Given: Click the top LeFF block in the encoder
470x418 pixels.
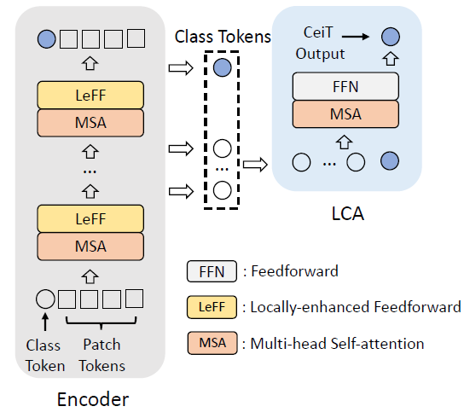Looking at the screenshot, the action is [x=90, y=95].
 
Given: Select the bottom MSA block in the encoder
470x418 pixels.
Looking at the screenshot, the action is [x=90, y=247].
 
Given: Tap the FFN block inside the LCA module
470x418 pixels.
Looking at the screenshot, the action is [x=345, y=86].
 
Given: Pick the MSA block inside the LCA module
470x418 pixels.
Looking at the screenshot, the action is [x=345, y=114].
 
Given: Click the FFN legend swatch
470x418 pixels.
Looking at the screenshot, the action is [x=212, y=271].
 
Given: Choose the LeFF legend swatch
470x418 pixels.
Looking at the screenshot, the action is [x=212, y=307].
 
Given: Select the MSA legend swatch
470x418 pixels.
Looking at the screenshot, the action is [x=212, y=343].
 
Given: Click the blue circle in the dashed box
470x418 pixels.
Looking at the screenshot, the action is [x=222, y=67].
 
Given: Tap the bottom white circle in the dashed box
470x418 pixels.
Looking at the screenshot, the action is [x=222, y=190].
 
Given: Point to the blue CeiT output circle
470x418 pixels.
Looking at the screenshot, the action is [x=391, y=37].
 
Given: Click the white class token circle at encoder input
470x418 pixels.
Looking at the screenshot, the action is [x=45, y=299].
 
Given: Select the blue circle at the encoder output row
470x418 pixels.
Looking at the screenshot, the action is [x=46, y=39].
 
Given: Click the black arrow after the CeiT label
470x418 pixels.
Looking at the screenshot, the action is [x=356, y=37].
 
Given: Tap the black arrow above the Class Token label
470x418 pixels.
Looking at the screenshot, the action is [x=45, y=322].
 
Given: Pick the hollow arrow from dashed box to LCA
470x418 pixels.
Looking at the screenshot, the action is [x=255, y=165].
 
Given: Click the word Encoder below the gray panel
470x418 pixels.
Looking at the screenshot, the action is [x=93, y=399].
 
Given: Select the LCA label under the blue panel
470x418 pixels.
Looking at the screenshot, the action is [x=348, y=213].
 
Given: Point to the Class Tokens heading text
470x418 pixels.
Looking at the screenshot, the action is [x=223, y=37].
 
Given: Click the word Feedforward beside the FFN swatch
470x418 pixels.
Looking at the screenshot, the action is [x=294, y=271].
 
